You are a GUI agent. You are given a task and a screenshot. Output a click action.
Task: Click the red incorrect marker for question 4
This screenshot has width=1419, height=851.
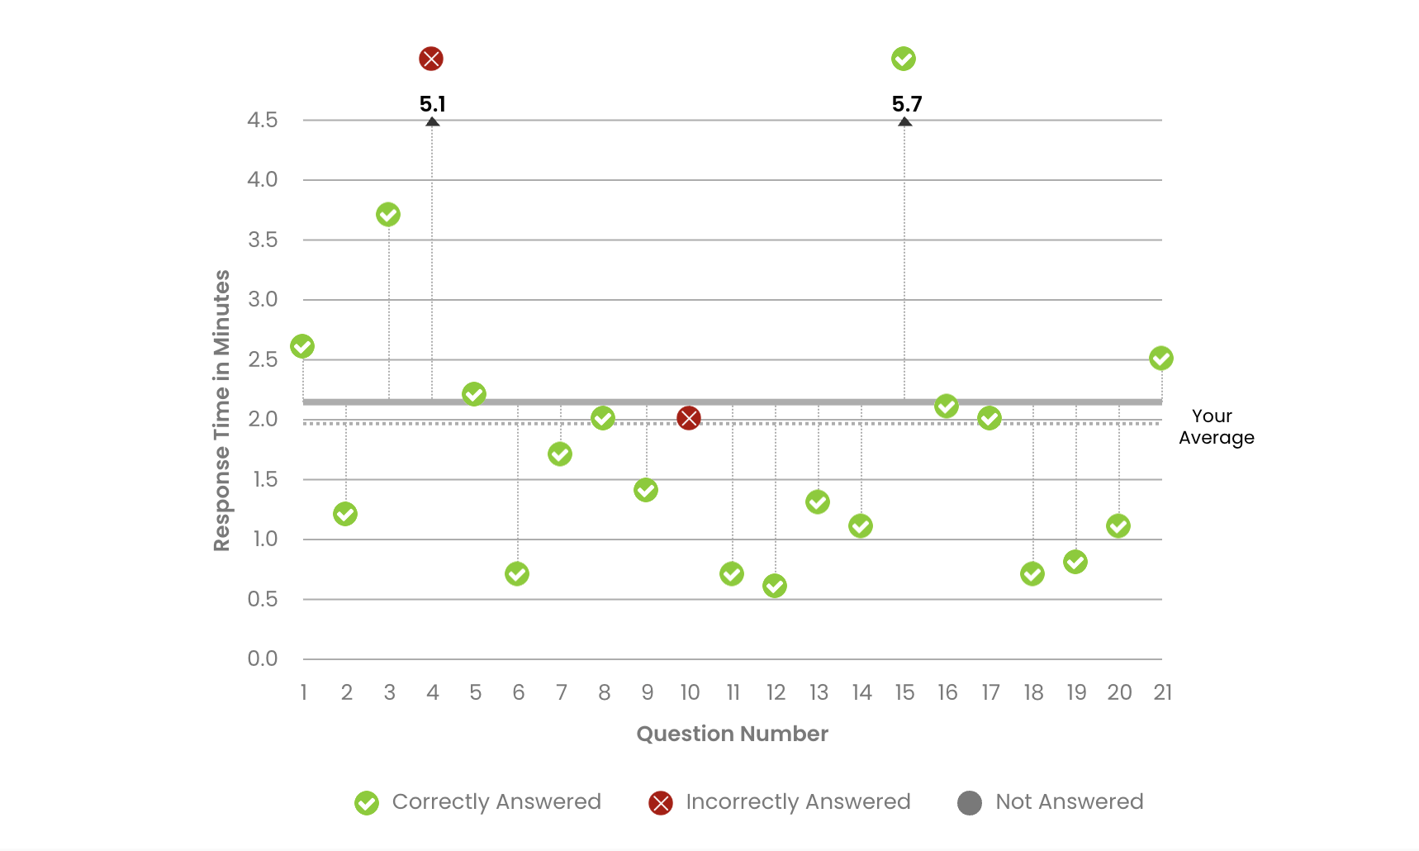coord(431,59)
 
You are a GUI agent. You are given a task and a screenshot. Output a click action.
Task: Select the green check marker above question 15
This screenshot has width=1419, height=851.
coord(904,59)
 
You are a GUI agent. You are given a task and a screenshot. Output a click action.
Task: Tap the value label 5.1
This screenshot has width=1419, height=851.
coord(432,104)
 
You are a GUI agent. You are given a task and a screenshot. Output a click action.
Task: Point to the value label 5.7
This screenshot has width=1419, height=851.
coord(906,104)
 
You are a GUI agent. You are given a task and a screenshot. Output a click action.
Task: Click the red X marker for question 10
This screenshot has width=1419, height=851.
coord(689,418)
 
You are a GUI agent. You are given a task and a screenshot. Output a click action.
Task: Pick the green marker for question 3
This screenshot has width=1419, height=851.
coord(388,215)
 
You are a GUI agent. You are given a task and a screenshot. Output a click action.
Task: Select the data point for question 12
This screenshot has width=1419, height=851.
coord(775,586)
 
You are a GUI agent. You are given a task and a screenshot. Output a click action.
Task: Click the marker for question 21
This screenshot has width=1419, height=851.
coord(1161,359)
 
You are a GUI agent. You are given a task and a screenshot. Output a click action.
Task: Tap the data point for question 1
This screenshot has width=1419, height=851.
coord(302,346)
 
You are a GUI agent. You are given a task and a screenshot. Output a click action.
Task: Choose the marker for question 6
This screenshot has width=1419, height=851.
coord(517,573)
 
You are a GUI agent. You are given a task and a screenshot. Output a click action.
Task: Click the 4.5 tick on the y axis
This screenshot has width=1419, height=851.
coord(263,121)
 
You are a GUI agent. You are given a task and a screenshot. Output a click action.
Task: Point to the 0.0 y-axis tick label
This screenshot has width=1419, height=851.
coord(263,658)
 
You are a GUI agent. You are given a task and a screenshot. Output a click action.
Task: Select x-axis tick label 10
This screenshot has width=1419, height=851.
coord(690,692)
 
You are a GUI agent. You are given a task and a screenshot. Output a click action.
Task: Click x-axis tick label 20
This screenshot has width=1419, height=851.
coord(1119,692)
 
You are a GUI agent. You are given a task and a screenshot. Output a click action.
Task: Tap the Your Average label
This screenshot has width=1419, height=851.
coord(1216,427)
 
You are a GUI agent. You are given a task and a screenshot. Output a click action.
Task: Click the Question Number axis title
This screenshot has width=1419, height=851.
coord(732,734)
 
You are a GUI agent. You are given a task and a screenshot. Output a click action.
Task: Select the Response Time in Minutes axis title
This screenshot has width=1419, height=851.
coord(221,411)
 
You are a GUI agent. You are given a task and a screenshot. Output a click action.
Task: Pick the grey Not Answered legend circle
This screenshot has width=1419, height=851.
coord(970,802)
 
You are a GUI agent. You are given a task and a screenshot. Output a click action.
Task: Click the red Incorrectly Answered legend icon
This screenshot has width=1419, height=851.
coord(661,802)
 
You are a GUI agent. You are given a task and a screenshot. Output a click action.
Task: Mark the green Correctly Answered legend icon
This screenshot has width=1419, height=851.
coord(367,802)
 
